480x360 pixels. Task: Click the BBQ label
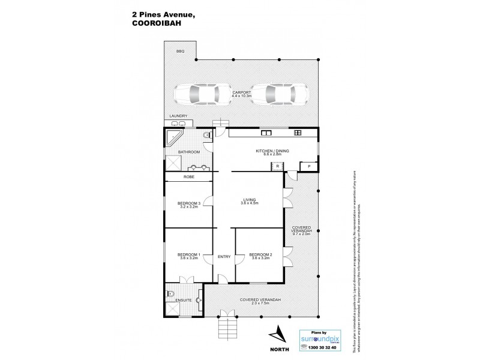[x=180, y=52]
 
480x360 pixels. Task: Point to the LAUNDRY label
[x=178, y=116]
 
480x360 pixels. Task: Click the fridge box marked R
[x=278, y=166]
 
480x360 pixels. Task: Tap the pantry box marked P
[x=309, y=166]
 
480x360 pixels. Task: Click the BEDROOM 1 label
[x=187, y=254]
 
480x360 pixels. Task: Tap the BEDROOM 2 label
[x=260, y=254]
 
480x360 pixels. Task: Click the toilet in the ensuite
[x=170, y=295]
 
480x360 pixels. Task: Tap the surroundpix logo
[x=323, y=338]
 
